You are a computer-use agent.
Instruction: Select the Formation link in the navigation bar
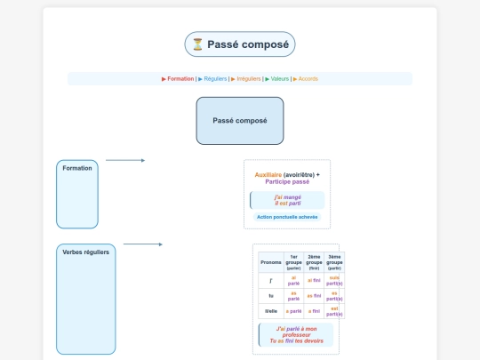[x=180, y=78]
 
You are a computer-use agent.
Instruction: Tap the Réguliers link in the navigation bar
[x=214, y=78]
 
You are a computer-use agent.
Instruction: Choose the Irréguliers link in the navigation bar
[x=249, y=78]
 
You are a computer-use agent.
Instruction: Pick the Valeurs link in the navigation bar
[x=279, y=78]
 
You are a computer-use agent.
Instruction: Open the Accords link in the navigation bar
[x=308, y=78]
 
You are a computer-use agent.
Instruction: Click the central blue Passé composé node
[x=240, y=120]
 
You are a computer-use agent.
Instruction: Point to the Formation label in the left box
[x=77, y=168]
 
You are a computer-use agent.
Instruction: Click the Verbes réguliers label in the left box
[x=86, y=252]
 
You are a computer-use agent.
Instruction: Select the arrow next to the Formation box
[x=124, y=161]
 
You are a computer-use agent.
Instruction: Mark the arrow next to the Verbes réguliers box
[x=142, y=244]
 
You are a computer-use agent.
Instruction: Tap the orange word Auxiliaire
[x=269, y=174]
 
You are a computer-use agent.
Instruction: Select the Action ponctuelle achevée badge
[x=287, y=216]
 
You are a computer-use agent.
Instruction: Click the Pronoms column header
[x=270, y=262]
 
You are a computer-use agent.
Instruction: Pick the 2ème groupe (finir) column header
[x=314, y=262]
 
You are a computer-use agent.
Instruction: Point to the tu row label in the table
[x=270, y=295]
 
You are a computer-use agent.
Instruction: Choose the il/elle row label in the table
[x=270, y=311]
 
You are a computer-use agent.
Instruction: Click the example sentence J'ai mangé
[x=288, y=196]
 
